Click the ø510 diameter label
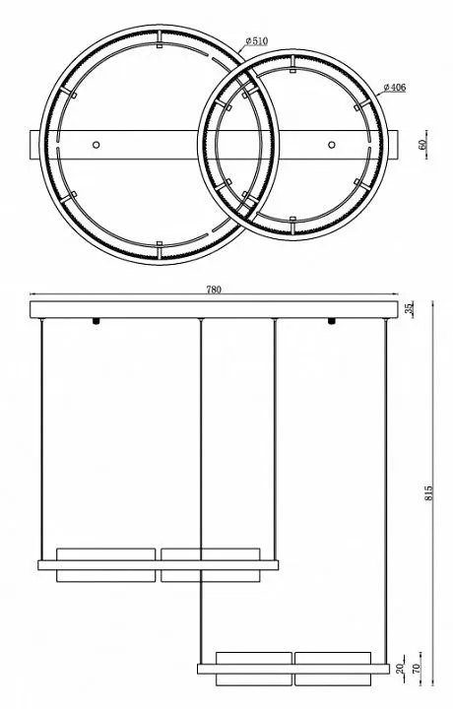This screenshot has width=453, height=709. [x=257, y=41]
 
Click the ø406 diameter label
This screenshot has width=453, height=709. [x=394, y=88]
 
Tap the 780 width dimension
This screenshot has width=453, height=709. [x=214, y=290]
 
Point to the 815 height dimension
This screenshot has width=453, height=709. [x=428, y=493]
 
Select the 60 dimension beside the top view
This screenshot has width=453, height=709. [x=422, y=145]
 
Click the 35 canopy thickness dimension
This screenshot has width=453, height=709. [x=409, y=308]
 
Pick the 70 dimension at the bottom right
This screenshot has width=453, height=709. [x=417, y=668]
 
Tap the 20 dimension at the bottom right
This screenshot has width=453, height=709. [x=401, y=669]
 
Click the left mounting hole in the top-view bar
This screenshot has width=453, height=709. [x=96, y=145]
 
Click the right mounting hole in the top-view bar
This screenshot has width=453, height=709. [x=332, y=145]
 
